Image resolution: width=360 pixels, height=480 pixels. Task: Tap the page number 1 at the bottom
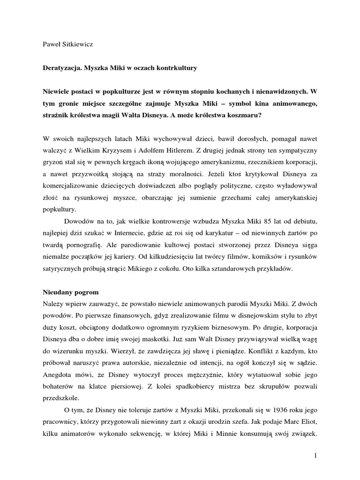pyautogui.click(x=315, y=455)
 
